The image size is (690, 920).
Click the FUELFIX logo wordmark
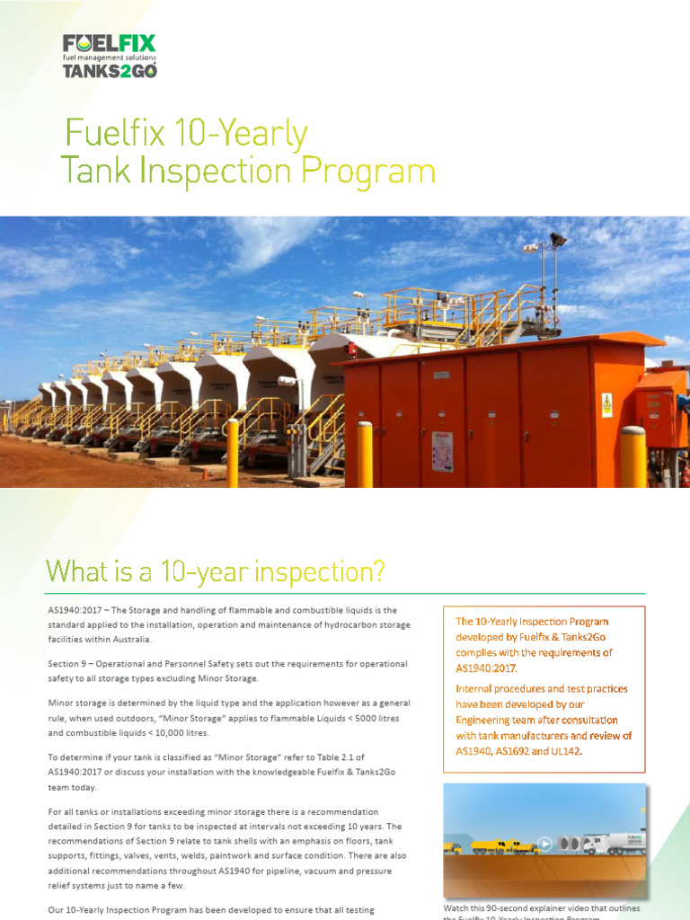pyautogui.click(x=109, y=43)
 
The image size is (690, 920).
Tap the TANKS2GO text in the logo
pyautogui.click(x=109, y=71)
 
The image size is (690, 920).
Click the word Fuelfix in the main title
pyautogui.click(x=114, y=134)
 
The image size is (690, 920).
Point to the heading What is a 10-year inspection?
pyautogui.click(x=216, y=571)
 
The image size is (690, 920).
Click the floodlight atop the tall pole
pyautogui.click(x=559, y=241)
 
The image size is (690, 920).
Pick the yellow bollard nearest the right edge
pyautogui.click(x=632, y=456)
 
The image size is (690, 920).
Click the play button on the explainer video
pyautogui.click(x=544, y=844)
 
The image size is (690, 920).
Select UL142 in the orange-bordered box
pyautogui.click(x=563, y=751)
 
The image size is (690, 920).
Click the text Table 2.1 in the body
pyautogui.click(x=338, y=756)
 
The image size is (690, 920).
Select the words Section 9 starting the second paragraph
pyautogui.click(x=71, y=663)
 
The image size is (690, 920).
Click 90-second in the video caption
pyautogui.click(x=521, y=908)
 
